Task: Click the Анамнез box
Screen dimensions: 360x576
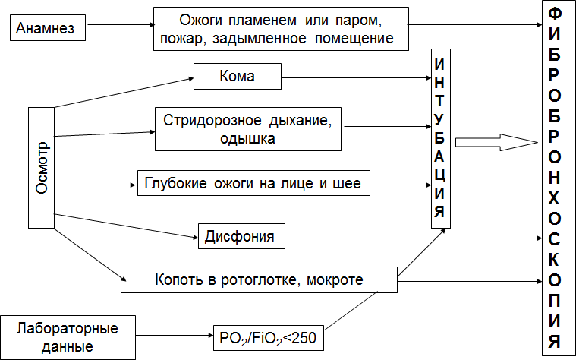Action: tap(46, 30)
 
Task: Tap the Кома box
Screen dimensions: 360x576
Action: tap(238, 77)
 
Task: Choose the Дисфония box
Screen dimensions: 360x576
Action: tap(241, 237)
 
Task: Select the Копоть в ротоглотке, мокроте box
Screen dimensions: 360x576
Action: tap(259, 279)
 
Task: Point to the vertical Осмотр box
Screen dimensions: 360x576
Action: tap(42, 167)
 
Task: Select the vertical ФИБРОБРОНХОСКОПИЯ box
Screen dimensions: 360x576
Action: tap(556, 179)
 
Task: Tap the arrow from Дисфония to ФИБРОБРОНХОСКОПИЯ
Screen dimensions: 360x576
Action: tap(414, 238)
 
